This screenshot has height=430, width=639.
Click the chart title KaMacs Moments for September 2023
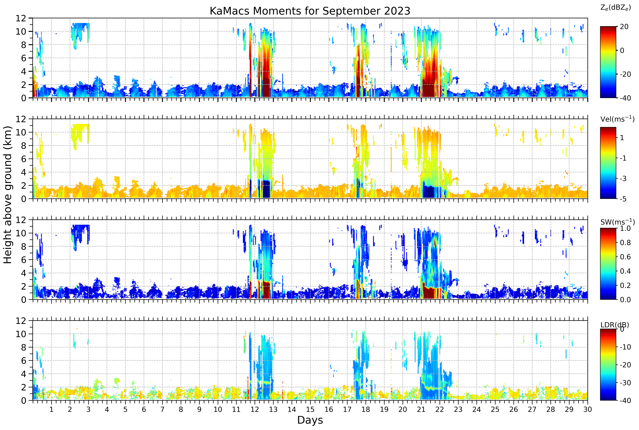pos(310,11)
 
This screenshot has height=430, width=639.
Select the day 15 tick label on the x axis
pos(310,409)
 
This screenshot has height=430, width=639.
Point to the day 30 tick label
pos(587,409)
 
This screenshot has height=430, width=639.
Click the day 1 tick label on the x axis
pos(51,409)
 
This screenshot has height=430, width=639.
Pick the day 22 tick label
pos(440,409)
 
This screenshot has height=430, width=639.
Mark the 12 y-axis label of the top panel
pos(21,18)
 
